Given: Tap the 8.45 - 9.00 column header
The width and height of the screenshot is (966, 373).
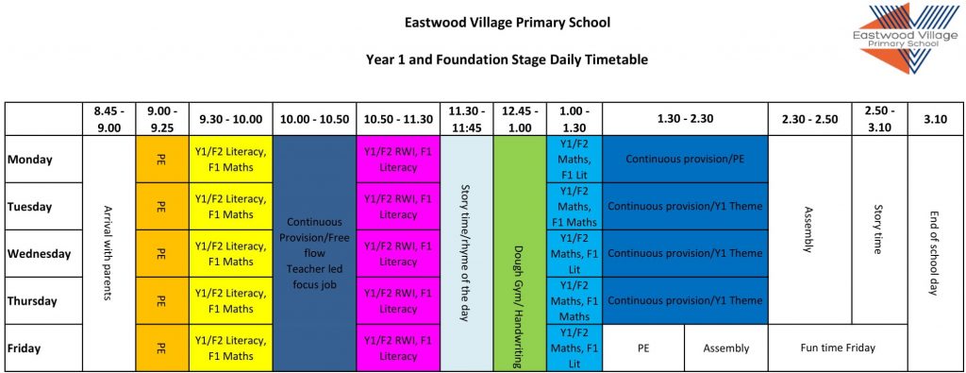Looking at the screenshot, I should pyautogui.click(x=109, y=119).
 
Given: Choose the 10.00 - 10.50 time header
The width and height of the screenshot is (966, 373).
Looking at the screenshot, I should pyautogui.click(x=313, y=119).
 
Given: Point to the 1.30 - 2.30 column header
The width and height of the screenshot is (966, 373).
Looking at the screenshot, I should pyautogui.click(x=685, y=119).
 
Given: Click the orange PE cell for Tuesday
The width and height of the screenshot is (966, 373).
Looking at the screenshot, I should pyautogui.click(x=162, y=207).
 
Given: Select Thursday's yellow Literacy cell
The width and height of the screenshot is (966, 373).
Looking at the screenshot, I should pyautogui.click(x=230, y=301).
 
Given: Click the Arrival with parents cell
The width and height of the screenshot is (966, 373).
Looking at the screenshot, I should pyautogui.click(x=109, y=253).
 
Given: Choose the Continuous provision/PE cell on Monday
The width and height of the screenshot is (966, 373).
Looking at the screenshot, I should pyautogui.click(x=685, y=160).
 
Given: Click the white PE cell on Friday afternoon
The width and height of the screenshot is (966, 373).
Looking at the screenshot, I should pyautogui.click(x=643, y=348).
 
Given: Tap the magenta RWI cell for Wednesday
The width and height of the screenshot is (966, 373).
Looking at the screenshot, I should pyautogui.click(x=397, y=254).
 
